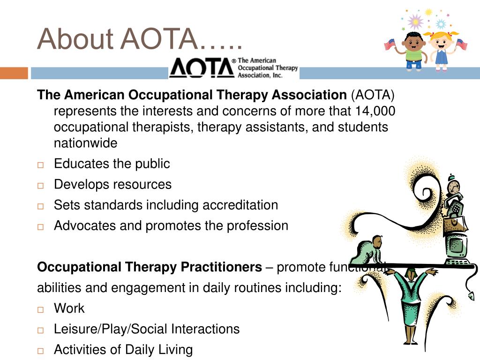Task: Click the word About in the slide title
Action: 75,39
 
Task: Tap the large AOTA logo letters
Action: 202,68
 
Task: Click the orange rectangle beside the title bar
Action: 14,74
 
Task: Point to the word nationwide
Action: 85,143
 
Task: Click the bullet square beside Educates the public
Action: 40,165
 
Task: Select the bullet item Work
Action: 69,308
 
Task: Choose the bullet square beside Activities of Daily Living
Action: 40,351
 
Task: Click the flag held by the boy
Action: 389,45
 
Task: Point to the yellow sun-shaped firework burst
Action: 428,13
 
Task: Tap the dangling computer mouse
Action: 471,296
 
